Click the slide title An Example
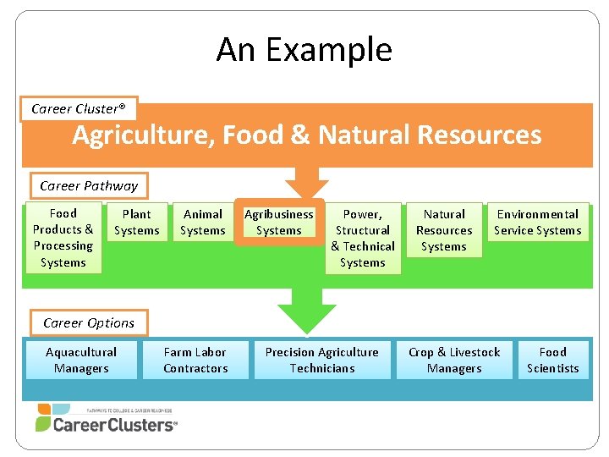click(304, 49)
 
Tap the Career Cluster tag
click(78, 108)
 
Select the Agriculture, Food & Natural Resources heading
click(306, 135)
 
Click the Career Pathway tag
click(89, 185)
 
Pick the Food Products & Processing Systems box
click(63, 238)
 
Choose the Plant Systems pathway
click(136, 223)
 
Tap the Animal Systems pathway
click(203, 223)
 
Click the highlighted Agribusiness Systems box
click(278, 223)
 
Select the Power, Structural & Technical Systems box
click(363, 239)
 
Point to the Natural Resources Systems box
click(444, 230)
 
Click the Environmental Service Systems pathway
click(538, 223)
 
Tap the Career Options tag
click(89, 322)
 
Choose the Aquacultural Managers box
click(81, 361)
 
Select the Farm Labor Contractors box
click(195, 361)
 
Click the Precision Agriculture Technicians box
click(322, 361)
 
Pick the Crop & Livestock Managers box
click(454, 361)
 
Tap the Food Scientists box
click(552, 361)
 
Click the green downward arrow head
click(307, 318)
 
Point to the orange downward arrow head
click(306, 189)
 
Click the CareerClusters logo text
click(114, 425)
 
